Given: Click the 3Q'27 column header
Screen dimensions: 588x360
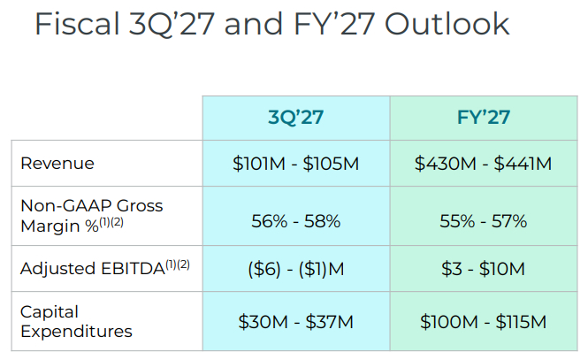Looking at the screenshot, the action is click(296, 118).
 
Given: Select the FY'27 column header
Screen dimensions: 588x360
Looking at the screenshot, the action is click(484, 118).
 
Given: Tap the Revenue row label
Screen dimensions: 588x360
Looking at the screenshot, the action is click(57, 164).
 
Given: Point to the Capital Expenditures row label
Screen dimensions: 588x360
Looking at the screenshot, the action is click(77, 321).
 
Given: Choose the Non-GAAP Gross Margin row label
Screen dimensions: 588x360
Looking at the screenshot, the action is click(92, 216).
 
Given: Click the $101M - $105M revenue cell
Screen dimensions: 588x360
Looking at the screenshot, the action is click(296, 164).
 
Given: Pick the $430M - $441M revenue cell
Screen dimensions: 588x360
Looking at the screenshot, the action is click(484, 164).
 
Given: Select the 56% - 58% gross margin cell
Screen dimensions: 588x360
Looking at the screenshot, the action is click(296, 221).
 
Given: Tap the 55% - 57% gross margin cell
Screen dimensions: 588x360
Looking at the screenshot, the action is click(484, 221).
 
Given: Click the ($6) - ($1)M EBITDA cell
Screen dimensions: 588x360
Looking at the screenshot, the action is click(296, 269).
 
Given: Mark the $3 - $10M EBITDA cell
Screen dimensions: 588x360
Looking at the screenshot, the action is click(484, 269).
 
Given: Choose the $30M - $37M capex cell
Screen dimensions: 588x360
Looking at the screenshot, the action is click(296, 322).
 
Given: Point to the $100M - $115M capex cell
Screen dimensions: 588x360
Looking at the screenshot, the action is click(484, 322).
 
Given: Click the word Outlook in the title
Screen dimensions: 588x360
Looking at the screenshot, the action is click(447, 24).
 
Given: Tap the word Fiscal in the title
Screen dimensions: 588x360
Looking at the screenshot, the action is click(77, 24).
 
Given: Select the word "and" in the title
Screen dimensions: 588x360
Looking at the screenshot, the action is click(253, 24).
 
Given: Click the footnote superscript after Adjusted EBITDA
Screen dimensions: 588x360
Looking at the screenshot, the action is click(178, 264).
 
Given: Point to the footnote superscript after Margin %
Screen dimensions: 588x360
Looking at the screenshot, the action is click(111, 222).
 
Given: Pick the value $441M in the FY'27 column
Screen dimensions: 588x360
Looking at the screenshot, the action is click(523, 164).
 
